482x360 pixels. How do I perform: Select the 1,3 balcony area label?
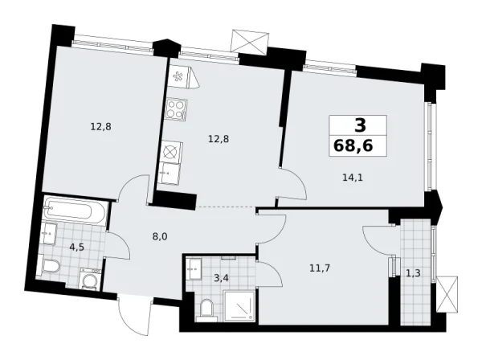pyautogui.click(x=412, y=273)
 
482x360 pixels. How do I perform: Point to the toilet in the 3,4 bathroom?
pyautogui.click(x=206, y=308)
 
